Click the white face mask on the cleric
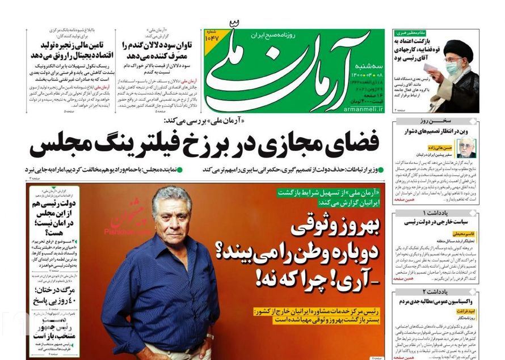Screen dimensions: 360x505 pos(452,67)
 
